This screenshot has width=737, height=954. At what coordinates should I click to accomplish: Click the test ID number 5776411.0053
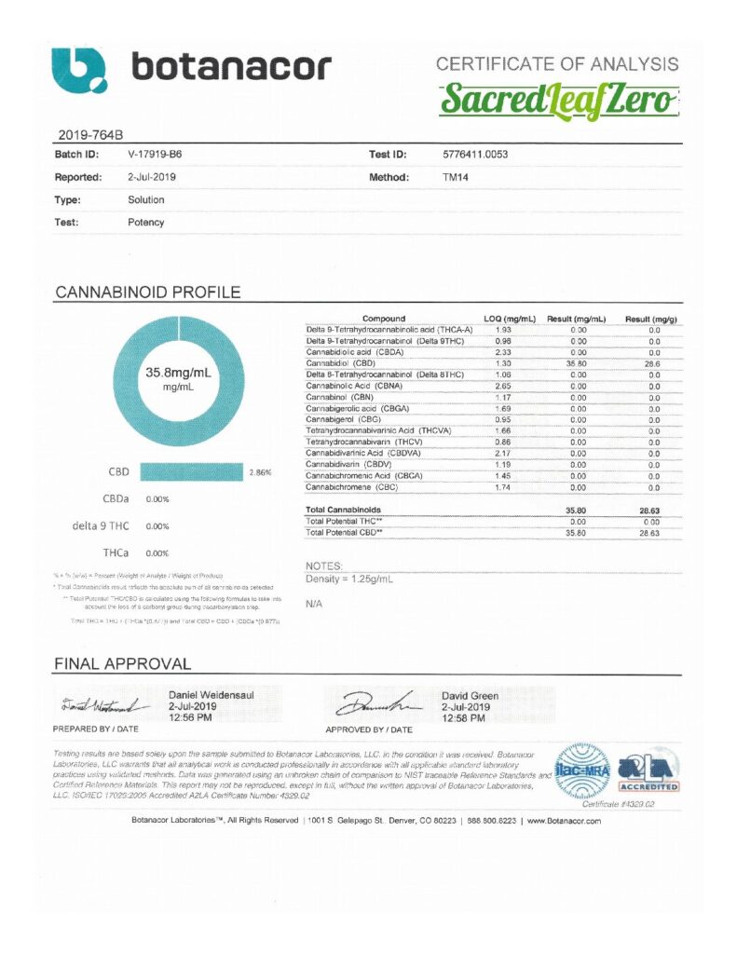[x=475, y=154]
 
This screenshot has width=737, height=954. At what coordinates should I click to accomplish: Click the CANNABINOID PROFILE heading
[x=147, y=293]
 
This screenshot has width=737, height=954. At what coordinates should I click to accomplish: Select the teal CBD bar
[x=191, y=472]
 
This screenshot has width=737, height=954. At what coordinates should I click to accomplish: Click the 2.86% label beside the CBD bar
[x=261, y=472]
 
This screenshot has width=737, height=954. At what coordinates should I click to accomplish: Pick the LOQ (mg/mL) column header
[x=509, y=319]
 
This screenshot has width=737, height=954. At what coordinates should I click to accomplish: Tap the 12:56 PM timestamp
[x=190, y=718]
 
